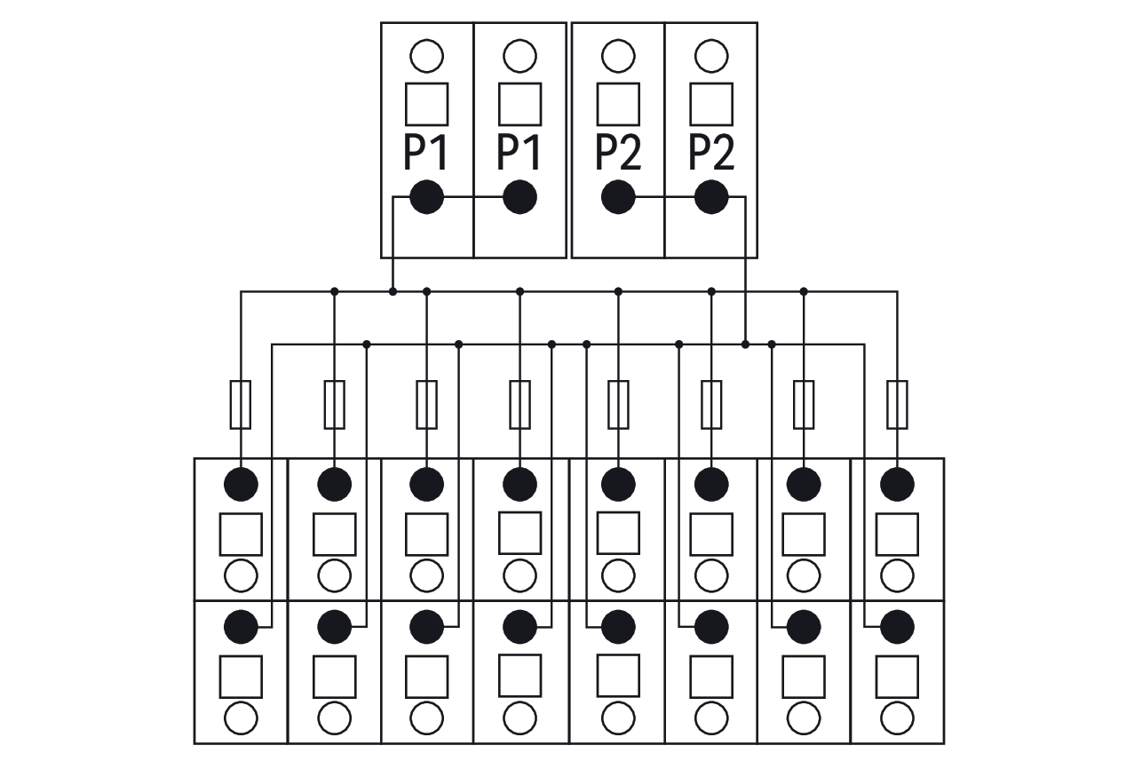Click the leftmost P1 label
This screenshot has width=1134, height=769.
pyautogui.click(x=425, y=153)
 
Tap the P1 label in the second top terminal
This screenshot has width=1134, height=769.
pyautogui.click(x=519, y=153)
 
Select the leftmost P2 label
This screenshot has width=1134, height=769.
pyautogui.click(x=618, y=153)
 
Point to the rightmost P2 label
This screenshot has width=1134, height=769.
pyautogui.click(x=711, y=153)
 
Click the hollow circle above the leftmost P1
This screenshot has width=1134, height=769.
pyautogui.click(x=427, y=56)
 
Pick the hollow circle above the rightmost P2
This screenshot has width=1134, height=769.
pyautogui.click(x=711, y=56)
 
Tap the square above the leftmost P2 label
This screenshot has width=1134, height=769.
pyautogui.click(x=618, y=104)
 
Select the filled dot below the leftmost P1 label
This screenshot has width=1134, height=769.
pyautogui.click(x=427, y=197)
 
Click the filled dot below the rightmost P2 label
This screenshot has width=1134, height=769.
pyautogui.click(x=711, y=197)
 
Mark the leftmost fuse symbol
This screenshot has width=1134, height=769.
pyautogui.click(x=241, y=405)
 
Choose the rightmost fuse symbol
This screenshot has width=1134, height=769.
pyautogui.click(x=897, y=405)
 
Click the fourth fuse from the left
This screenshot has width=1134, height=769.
pyautogui.click(x=519, y=405)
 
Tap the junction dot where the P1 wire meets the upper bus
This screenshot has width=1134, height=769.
pyautogui.click(x=393, y=291)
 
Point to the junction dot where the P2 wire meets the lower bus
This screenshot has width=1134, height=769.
pyautogui.click(x=745, y=345)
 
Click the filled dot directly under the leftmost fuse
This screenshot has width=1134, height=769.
pyautogui.click(x=241, y=485)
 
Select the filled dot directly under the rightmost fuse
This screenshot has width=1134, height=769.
pyautogui.click(x=897, y=485)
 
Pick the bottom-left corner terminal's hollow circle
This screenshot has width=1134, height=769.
pyautogui.click(x=241, y=717)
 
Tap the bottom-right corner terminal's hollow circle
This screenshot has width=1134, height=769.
pyautogui.click(x=897, y=717)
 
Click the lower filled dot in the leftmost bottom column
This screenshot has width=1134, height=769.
pyautogui.click(x=241, y=627)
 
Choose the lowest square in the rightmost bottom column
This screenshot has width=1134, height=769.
pyautogui.click(x=897, y=677)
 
